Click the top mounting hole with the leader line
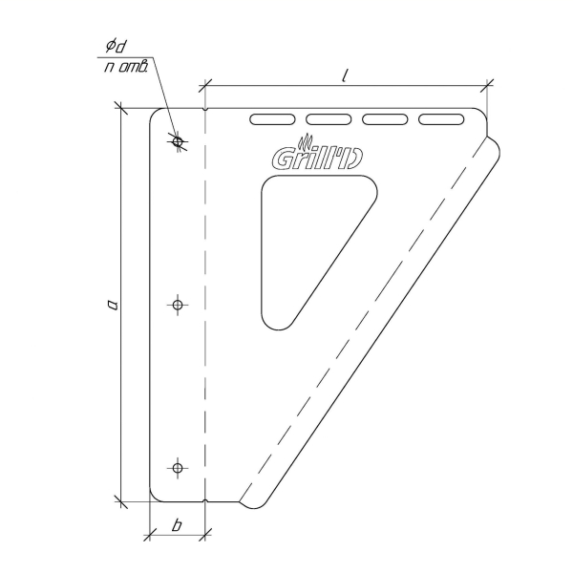point(178,141)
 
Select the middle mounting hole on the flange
point(178,305)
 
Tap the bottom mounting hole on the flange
point(178,468)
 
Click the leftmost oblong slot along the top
point(272,119)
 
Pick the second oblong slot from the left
point(329,119)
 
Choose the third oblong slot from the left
point(385,119)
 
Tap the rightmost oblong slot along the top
point(441,119)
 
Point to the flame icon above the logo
point(306,142)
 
